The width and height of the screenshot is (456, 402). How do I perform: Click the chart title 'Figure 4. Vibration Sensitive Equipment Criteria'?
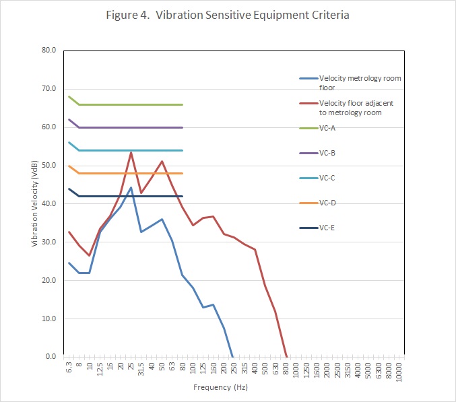pos(227,14)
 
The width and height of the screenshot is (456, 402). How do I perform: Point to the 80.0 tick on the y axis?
pos(49,50)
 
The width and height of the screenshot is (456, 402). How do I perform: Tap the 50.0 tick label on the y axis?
pos(49,165)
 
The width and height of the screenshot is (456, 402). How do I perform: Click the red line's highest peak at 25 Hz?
pos(131,152)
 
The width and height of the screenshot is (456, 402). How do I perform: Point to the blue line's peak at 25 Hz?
pos(131,187)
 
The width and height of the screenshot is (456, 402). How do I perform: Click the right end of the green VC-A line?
pos(183,104)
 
